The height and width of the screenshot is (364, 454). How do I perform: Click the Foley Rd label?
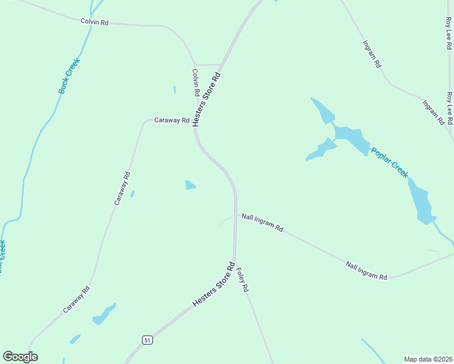pyautogui.click(x=242, y=280)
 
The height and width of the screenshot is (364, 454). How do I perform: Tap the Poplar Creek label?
pyautogui.click(x=390, y=163)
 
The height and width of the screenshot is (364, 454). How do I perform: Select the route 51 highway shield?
pyautogui.click(x=147, y=340)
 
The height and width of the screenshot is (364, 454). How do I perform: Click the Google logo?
pyautogui.click(x=21, y=357)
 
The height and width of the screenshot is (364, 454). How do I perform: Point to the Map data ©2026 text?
pyautogui.click(x=428, y=359)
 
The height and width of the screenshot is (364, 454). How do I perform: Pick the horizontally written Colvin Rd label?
pyautogui.click(x=94, y=22)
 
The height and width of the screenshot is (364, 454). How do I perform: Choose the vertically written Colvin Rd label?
pyautogui.click(x=196, y=83)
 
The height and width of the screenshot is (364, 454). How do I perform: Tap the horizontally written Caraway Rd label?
pyautogui.click(x=172, y=120)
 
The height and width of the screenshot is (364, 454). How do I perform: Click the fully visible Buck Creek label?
pyautogui.click(x=69, y=75)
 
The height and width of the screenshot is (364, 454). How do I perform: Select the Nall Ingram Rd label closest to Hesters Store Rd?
pyautogui.click(x=262, y=223)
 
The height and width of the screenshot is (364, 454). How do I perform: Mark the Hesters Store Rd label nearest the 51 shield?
pyautogui.click(x=214, y=284)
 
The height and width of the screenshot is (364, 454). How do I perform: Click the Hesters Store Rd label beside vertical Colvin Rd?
pyautogui.click(x=206, y=99)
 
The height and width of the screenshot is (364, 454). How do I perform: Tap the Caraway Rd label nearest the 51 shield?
pyautogui.click(x=76, y=299)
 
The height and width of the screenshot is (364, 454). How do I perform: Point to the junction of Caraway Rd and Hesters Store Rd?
pyautogui.click(x=195, y=121)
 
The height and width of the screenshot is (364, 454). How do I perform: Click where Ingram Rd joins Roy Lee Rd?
pyautogui.click(x=450, y=130)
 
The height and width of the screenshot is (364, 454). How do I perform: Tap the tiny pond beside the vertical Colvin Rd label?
pyautogui.click(x=175, y=90)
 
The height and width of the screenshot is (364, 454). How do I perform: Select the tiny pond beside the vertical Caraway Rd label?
pyautogui.click(x=132, y=194)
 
